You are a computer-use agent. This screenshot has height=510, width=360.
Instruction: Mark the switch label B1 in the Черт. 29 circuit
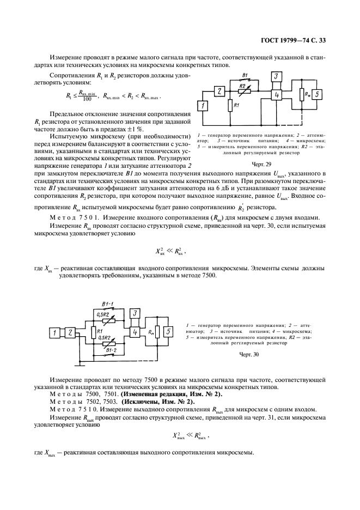[245, 74]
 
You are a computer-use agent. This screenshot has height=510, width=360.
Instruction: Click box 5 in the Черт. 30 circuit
[169, 331]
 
